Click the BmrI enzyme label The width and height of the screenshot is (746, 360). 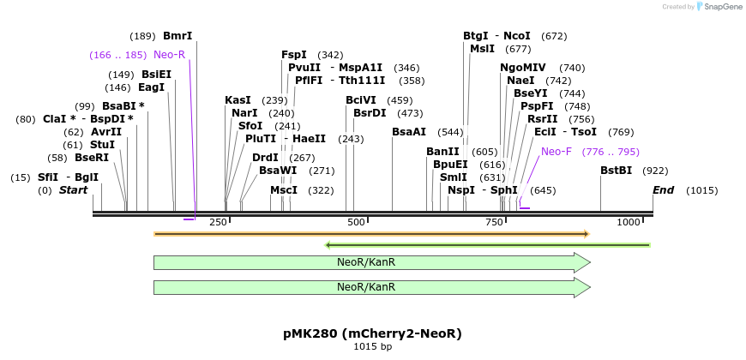click(x=177, y=36)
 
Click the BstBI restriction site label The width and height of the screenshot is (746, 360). click(x=616, y=171)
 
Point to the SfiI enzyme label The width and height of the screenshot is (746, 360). click(x=47, y=177)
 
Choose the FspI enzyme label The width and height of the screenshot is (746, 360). click(x=294, y=55)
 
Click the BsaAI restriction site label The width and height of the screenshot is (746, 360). click(x=409, y=132)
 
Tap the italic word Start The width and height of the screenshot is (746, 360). click(x=74, y=189)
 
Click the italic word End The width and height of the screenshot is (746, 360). click(x=663, y=189)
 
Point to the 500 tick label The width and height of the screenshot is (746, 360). click(x=357, y=223)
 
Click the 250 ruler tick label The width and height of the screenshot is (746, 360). click(x=218, y=223)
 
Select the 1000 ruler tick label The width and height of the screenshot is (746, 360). click(x=629, y=223)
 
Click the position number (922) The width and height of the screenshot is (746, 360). click(x=655, y=171)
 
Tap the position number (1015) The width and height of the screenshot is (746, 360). click(x=702, y=189)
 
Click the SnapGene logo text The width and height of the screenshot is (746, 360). click(x=721, y=7)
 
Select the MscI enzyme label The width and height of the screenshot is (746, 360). click(x=284, y=189)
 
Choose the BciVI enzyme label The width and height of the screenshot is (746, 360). click(x=361, y=100)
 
